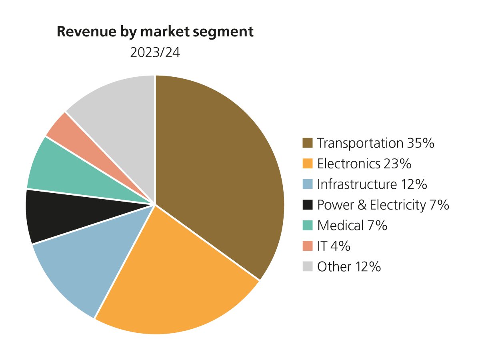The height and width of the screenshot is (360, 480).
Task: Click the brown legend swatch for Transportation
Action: pos(307,143)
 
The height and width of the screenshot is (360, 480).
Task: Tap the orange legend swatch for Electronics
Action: pos(307,164)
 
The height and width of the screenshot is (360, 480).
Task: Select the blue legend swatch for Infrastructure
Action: pos(307,184)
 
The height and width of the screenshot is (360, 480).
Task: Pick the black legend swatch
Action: pos(307,205)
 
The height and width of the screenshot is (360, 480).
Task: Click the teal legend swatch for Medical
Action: pos(307,225)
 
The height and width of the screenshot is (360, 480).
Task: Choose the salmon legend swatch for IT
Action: pos(307,246)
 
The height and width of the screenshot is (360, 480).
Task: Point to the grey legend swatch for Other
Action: pos(307,266)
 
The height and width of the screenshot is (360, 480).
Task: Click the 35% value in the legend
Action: pos(421,143)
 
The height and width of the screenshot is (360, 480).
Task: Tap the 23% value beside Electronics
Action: pos(398,164)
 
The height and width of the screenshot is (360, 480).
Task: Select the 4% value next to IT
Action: pos(340,246)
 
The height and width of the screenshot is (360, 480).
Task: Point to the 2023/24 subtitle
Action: pos(155,53)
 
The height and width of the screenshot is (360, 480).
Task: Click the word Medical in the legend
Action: pos(340,225)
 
